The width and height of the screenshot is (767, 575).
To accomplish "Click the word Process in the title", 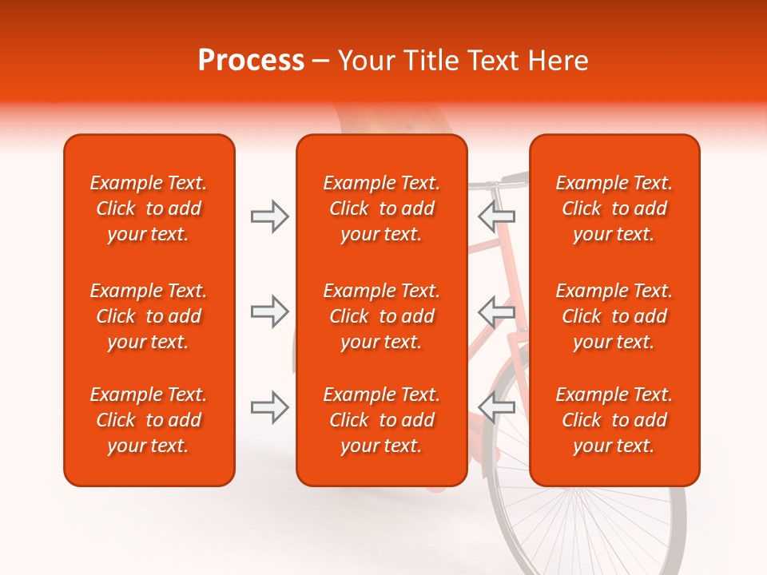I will coord(251,61).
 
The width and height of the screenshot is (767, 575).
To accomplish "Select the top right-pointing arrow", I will coord(269,216).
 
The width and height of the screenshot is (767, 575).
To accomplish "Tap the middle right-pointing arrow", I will coord(269,311).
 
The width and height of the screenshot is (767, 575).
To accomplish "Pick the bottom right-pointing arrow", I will coord(269,407).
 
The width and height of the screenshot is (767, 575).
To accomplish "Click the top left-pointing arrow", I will coord(496,216).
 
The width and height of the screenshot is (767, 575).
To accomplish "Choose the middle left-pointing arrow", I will coord(496,311).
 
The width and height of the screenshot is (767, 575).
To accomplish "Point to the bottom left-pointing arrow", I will coord(496,406).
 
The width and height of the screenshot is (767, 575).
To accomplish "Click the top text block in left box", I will coord(149,208).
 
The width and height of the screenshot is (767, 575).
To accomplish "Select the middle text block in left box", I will coord(149,316).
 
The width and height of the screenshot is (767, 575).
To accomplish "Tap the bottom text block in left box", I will coord(149,420).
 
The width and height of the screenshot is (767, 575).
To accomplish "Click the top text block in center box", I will coord(381,208).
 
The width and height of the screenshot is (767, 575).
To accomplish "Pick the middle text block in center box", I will coord(381,316).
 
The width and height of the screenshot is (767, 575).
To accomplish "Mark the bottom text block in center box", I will coord(381,420).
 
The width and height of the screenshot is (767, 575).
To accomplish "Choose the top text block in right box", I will coord(614,208).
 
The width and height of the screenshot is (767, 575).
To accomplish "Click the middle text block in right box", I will coord(614,316).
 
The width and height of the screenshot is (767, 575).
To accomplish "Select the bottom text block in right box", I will coord(614,420).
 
